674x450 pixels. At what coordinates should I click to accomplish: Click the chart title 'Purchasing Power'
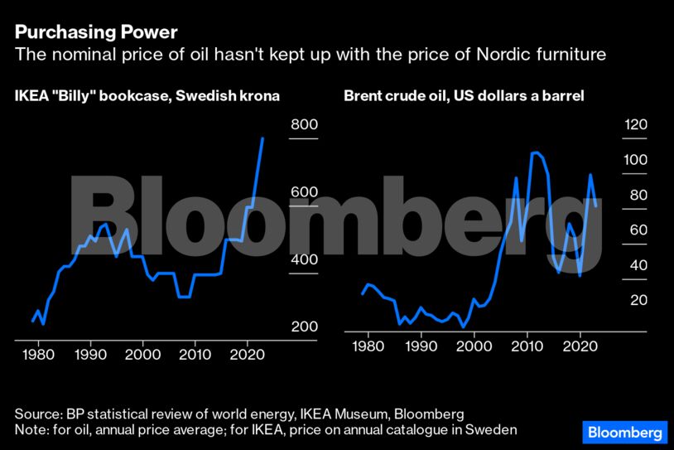(96, 32)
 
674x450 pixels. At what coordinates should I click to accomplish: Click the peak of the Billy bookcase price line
(262, 138)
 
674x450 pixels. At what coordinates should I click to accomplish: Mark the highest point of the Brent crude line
(534, 152)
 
